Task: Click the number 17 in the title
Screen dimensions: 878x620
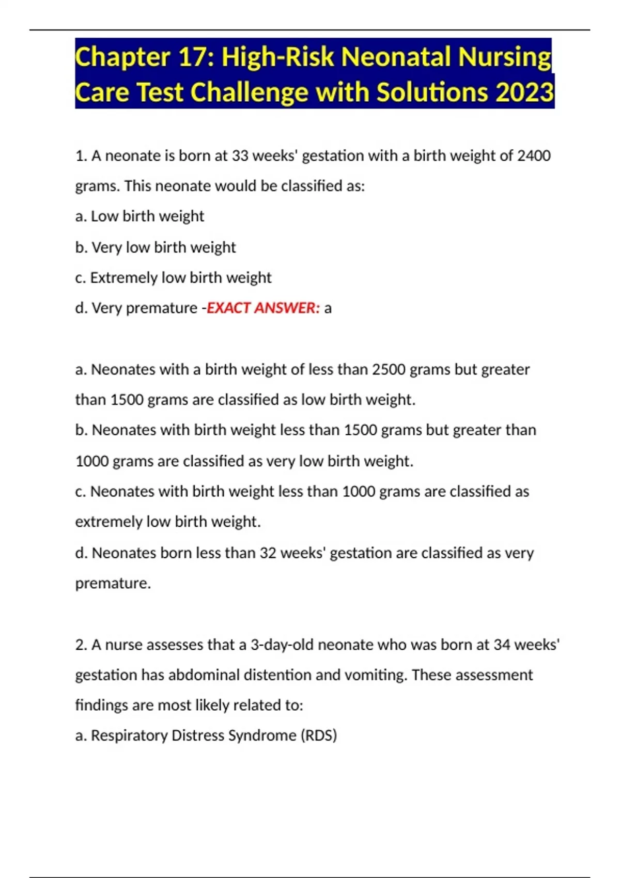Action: pyautogui.click(x=194, y=57)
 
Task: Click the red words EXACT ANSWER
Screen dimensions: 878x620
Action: pyautogui.click(x=263, y=308)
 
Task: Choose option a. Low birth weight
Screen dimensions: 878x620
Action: pyautogui.click(x=139, y=216)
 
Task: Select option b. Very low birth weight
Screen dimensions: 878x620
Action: pyautogui.click(x=156, y=247)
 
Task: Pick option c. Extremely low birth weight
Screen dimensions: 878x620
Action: pyautogui.click(x=173, y=277)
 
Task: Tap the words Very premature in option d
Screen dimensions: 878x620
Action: pyautogui.click(x=144, y=308)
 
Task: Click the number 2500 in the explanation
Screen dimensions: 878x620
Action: pyautogui.click(x=389, y=369)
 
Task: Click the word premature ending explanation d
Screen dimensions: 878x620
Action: pyautogui.click(x=113, y=583)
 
